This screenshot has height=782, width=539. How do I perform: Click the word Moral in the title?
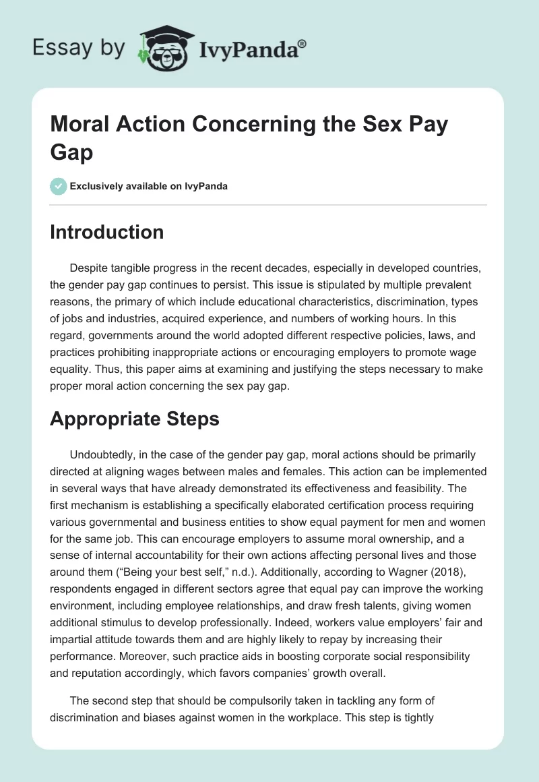click(80, 125)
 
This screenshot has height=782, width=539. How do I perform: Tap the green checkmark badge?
click(59, 186)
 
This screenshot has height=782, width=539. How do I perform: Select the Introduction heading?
click(107, 232)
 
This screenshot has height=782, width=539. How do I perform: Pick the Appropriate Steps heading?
click(135, 419)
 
